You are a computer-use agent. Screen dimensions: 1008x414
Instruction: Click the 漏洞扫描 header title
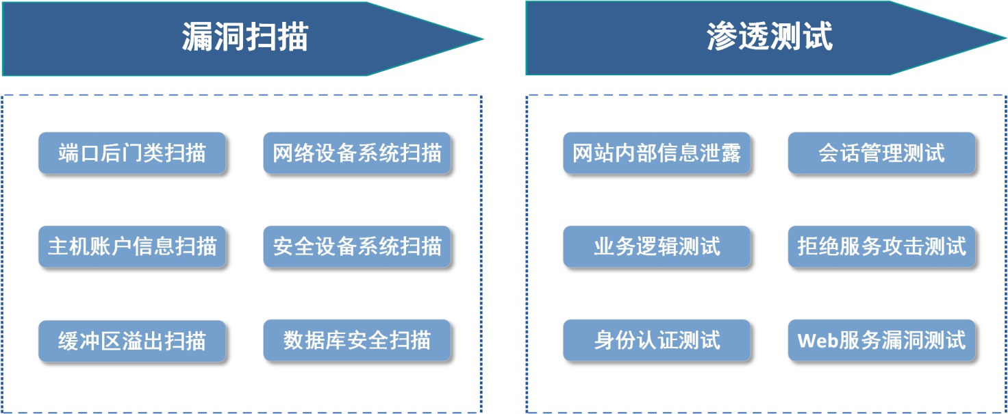coord(244,37)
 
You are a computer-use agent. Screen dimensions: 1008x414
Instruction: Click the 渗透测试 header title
coord(770,36)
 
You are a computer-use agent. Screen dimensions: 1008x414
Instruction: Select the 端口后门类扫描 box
coord(132,153)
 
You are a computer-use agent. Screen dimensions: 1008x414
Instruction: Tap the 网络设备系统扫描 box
coord(357,153)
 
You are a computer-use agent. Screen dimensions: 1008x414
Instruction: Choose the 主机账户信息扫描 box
coord(132,247)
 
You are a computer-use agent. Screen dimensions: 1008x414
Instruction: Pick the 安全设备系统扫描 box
coord(357,247)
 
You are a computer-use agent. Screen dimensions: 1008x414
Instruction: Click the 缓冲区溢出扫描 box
coord(132,341)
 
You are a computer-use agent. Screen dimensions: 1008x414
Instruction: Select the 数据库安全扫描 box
coord(357,340)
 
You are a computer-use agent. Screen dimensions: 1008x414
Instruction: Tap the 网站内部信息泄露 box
coord(657,153)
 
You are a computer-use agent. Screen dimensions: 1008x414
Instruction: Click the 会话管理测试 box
coord(881,153)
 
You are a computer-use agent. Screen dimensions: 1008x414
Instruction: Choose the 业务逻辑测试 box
coord(657,247)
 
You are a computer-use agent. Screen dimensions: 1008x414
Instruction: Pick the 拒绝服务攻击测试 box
coord(881,247)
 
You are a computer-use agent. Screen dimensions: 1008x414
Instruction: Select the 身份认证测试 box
coord(657,340)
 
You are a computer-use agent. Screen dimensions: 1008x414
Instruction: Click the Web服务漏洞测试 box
coord(881,340)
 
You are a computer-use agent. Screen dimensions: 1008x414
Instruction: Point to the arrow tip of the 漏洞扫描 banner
coord(483,39)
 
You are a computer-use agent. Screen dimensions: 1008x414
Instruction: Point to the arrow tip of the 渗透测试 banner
coord(1006,38)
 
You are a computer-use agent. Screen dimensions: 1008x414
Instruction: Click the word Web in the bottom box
coord(817,340)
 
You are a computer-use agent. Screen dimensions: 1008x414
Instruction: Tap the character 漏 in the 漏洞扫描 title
coord(197,37)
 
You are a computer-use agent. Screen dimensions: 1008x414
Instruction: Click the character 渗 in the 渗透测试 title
coord(722,36)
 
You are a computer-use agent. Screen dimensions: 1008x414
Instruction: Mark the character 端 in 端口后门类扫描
coord(68,153)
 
